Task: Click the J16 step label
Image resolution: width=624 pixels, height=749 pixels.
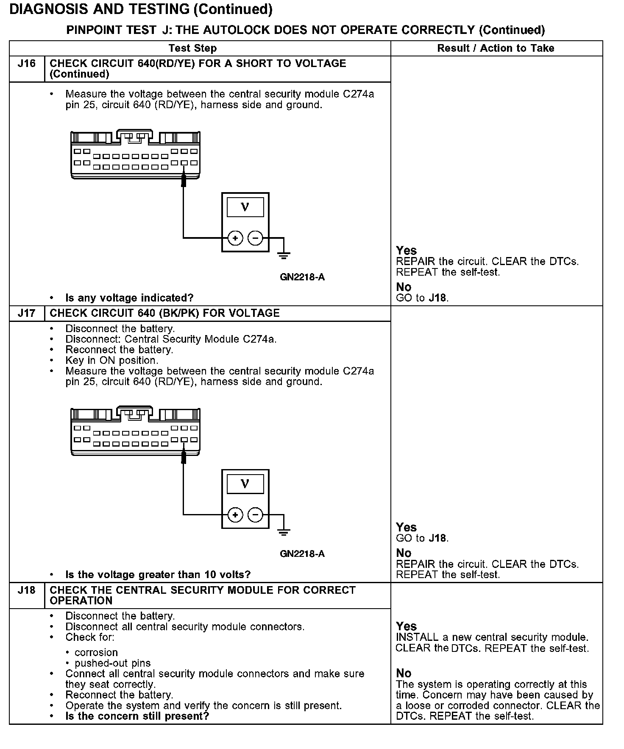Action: pos(26,64)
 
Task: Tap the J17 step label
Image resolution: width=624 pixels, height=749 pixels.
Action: pos(26,313)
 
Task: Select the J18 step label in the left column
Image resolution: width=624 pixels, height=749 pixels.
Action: pos(26,590)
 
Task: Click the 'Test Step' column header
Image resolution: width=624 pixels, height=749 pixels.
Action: pos(192,48)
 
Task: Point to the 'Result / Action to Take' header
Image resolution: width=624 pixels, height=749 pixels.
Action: pos(496,48)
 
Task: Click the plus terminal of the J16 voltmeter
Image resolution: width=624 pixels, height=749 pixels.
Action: pos(235,238)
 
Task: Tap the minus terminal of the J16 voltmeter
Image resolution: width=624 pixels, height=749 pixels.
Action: pos(255,238)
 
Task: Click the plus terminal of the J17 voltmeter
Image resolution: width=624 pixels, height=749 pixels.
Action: pos(235,515)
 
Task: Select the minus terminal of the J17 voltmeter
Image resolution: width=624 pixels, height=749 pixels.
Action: pos(255,515)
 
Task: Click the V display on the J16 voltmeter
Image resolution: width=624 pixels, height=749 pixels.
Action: pos(245,207)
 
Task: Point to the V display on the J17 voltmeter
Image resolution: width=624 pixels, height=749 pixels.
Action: pos(245,483)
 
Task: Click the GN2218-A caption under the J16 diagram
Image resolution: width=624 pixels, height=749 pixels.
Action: pos(302,277)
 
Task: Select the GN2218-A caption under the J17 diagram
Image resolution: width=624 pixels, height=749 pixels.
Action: pos(302,554)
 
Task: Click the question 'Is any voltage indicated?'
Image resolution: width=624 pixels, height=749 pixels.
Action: pos(129,298)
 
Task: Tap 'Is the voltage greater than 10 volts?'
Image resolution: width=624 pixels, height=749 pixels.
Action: pos(158,575)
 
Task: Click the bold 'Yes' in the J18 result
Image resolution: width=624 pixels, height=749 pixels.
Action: pos(406,626)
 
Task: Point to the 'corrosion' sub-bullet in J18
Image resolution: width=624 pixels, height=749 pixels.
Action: pos(96,653)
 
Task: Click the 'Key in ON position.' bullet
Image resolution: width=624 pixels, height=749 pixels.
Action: pos(111,361)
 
